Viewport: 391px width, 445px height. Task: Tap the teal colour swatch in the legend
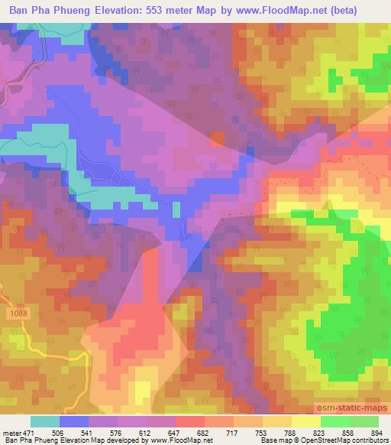pos(44,421)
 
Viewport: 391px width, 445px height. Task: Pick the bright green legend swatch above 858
pos(335,421)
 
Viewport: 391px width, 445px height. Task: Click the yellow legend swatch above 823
pos(306,421)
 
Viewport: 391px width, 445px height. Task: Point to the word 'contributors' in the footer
pos(365,440)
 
